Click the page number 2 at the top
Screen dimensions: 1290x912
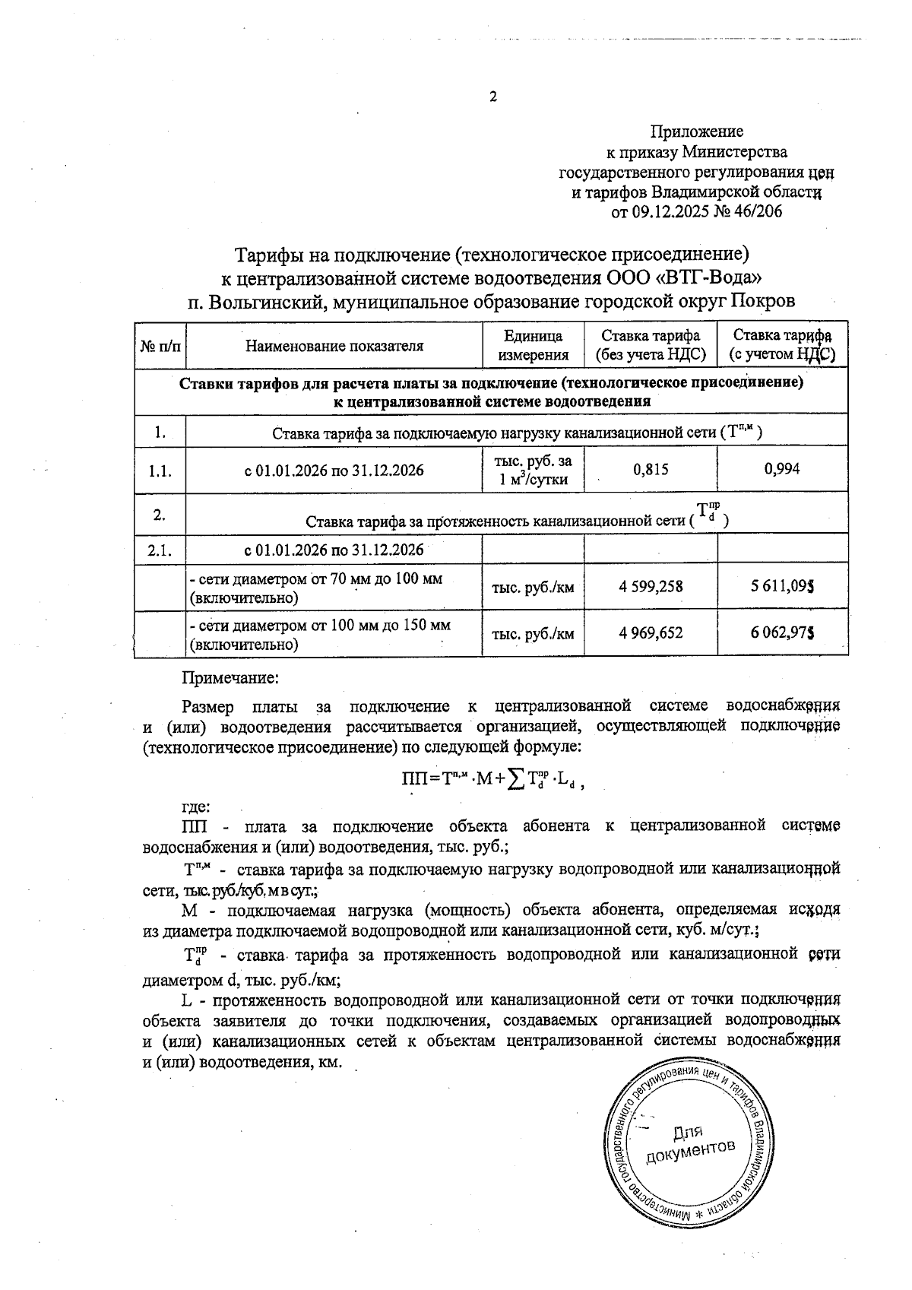[x=492, y=97]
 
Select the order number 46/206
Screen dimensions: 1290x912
[x=757, y=212]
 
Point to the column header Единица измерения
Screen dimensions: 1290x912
[x=533, y=345]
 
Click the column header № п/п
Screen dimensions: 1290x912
[x=160, y=347]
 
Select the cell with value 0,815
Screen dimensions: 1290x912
[x=651, y=469]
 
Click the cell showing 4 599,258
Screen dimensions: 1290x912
[x=651, y=587]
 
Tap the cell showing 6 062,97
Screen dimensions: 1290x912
[x=783, y=633]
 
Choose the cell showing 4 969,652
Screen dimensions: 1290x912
[x=651, y=633]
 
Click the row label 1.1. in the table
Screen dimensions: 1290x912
[x=160, y=471]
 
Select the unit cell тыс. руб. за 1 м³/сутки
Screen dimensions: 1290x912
[x=533, y=470]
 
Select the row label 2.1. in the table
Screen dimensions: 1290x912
[x=160, y=550]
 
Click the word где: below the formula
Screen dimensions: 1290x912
[x=196, y=807]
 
